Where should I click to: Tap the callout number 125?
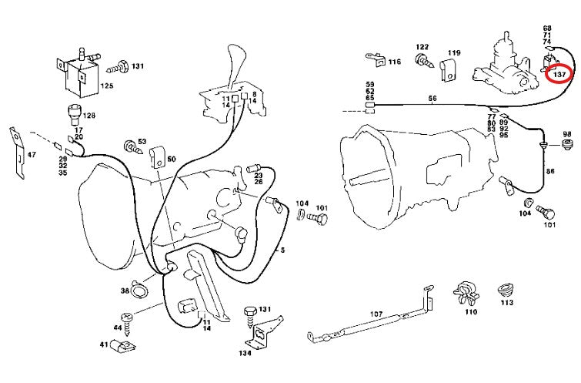tap(107, 87)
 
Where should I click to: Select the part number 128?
tap(90, 116)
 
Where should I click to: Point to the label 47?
tap(32, 155)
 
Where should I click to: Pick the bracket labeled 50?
tap(158, 156)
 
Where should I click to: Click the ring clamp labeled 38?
tap(139, 289)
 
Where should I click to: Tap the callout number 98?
tap(568, 133)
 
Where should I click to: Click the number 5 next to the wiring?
tap(282, 250)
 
